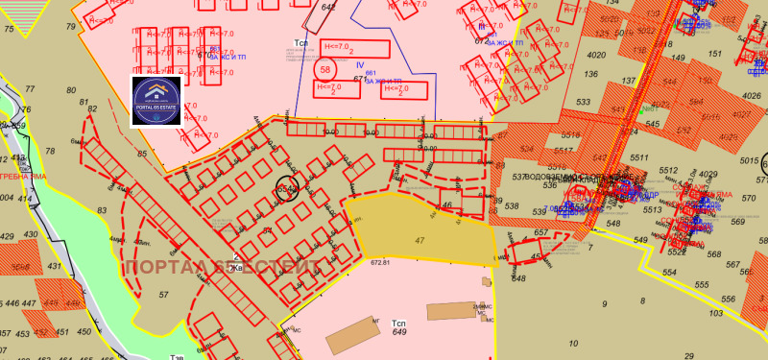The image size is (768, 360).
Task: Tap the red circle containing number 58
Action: tap(325, 69)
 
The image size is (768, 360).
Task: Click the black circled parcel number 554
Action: tap(287, 189)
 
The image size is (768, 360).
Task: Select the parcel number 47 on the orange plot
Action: tap(420, 240)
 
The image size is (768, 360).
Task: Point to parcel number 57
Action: tap(164, 295)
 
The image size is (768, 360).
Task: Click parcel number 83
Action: tap(101, 209)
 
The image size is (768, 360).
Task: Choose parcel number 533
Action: tap(583, 102)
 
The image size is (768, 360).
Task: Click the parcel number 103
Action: tap(715, 314)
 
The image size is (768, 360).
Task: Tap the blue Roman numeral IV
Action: tap(360, 64)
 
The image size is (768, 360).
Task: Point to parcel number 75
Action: tap(9, 30)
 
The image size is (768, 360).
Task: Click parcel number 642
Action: tap(329, 8)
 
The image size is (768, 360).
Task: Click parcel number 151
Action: tap(713, 54)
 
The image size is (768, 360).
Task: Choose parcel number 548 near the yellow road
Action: tap(518, 278)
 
